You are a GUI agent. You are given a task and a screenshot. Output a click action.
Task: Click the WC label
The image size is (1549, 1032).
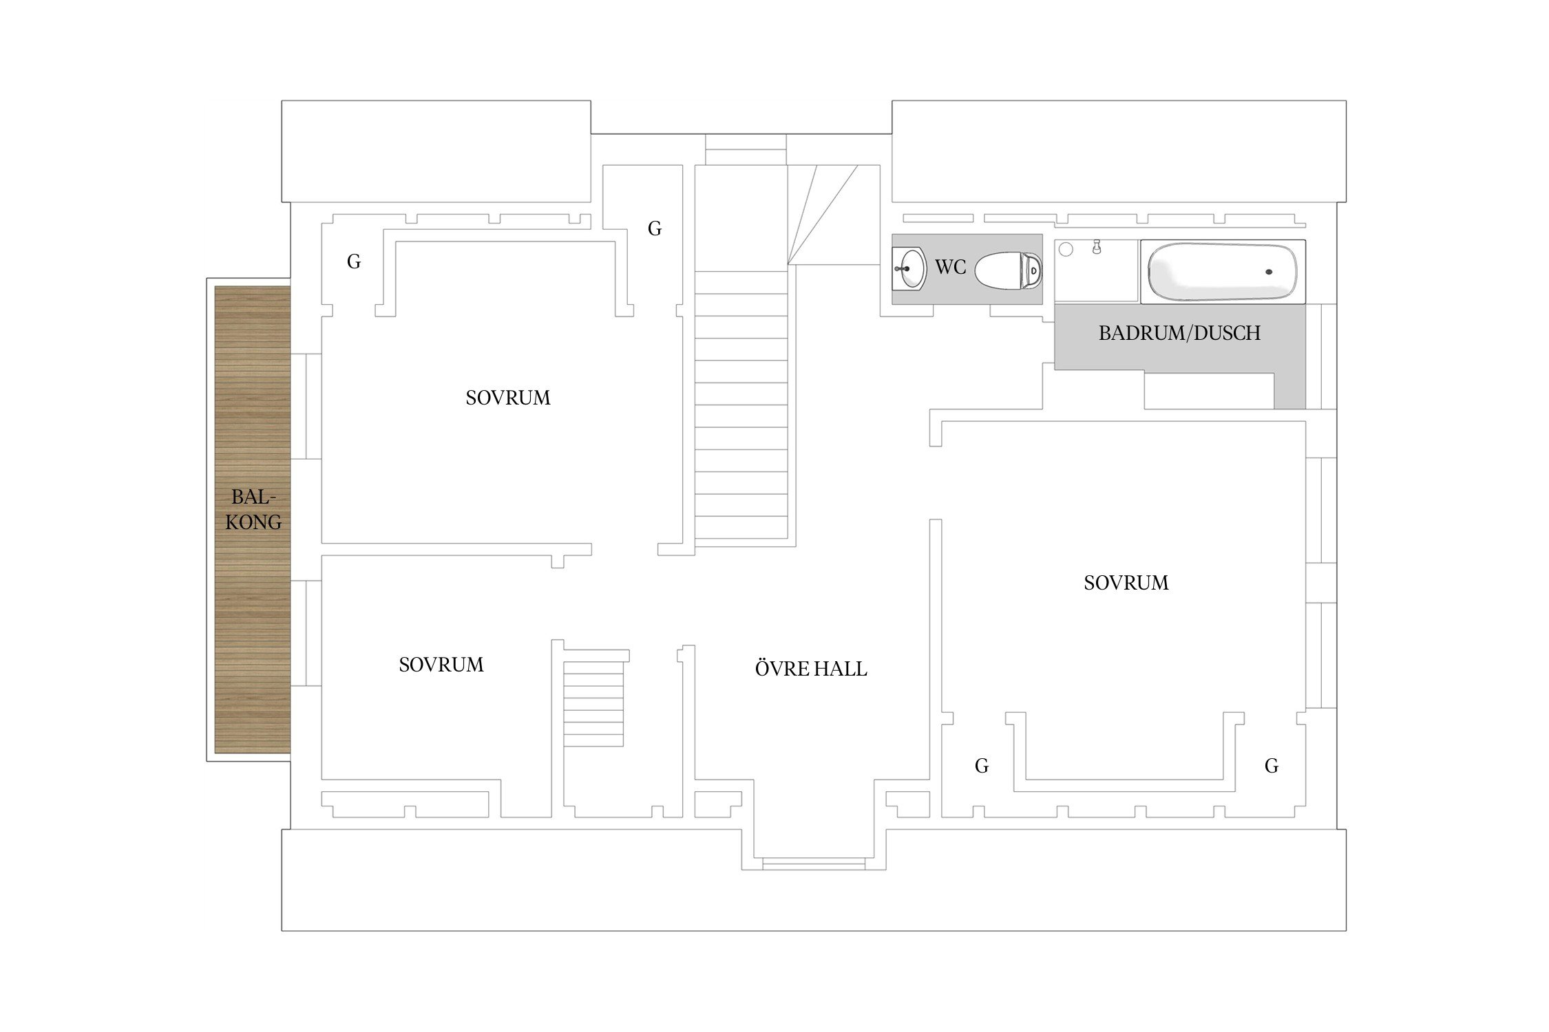(x=950, y=267)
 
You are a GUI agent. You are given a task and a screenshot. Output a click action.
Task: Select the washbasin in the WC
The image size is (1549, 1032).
(x=910, y=268)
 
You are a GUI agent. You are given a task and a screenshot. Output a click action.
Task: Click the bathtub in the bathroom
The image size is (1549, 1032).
(x=1223, y=271)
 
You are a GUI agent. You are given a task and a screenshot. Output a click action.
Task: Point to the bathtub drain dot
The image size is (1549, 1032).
(x=1269, y=272)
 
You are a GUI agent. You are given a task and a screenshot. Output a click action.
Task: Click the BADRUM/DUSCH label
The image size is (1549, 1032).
(x=1179, y=333)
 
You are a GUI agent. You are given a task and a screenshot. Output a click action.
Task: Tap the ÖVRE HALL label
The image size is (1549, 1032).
(x=811, y=668)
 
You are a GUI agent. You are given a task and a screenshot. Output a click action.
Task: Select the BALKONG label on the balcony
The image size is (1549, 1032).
(x=253, y=509)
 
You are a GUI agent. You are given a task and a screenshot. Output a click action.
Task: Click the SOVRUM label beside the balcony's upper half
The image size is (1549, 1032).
(x=508, y=398)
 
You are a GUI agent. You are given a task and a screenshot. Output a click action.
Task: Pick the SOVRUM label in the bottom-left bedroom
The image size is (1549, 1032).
(x=441, y=665)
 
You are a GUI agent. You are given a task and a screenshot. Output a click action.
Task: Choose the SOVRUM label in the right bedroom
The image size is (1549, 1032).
(x=1126, y=583)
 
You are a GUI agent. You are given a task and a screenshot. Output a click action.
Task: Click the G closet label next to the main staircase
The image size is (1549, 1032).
(x=655, y=228)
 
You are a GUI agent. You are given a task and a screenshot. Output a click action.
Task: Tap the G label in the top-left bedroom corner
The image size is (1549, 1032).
(x=354, y=261)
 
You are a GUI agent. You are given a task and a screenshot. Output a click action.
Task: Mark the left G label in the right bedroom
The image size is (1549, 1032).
(x=982, y=766)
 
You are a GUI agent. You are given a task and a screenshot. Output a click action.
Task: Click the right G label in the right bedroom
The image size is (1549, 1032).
(x=1272, y=766)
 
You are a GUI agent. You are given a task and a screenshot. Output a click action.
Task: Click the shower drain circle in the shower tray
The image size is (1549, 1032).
(x=1066, y=249)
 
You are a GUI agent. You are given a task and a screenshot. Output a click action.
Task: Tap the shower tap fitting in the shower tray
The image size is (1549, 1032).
(x=1097, y=247)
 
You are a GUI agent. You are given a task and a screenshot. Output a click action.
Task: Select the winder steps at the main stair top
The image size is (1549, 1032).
(x=823, y=215)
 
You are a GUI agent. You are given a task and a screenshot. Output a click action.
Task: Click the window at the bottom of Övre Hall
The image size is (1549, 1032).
(x=814, y=863)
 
